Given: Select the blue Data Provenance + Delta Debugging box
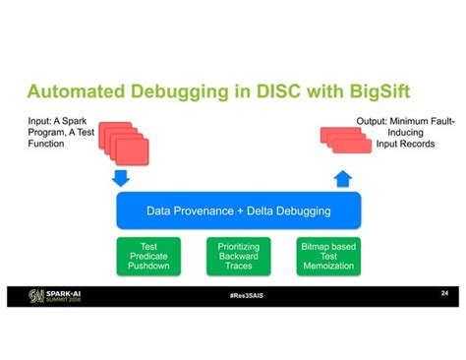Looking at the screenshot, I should (239, 210).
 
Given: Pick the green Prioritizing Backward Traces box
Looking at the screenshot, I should (239, 257).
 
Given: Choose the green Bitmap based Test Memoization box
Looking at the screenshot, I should (329, 257).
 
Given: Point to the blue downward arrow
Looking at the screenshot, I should (122, 179).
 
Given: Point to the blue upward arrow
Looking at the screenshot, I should (343, 179).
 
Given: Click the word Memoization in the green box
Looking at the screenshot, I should (329, 267).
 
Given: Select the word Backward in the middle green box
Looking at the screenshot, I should (239, 256).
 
